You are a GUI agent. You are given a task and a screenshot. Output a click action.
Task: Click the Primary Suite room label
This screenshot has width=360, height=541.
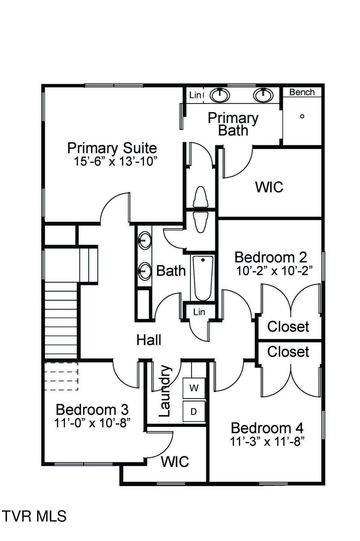112,148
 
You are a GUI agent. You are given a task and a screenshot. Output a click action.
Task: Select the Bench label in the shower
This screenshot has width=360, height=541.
302,92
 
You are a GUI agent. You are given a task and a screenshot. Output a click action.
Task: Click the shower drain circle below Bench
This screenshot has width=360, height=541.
302,116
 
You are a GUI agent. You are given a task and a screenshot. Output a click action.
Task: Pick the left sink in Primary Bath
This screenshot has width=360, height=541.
220,95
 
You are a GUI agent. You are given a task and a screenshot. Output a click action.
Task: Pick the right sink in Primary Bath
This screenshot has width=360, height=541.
263,95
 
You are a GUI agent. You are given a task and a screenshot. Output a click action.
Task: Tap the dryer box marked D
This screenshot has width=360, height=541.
194,412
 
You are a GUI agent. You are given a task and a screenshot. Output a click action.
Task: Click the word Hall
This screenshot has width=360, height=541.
149,340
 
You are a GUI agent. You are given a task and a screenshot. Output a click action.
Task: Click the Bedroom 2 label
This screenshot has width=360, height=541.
271,257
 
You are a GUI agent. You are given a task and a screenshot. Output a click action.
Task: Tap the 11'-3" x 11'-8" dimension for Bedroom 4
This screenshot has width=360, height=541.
267,442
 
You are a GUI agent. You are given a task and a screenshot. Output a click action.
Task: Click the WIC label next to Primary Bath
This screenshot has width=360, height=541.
269,187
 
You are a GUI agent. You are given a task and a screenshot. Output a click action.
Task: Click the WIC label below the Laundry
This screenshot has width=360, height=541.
175,461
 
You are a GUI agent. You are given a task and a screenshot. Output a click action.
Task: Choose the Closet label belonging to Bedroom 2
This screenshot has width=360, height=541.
288,327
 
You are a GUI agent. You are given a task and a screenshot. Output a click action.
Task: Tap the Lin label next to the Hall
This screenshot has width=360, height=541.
199,312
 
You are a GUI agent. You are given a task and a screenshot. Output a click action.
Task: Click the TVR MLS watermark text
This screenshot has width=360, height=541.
34,516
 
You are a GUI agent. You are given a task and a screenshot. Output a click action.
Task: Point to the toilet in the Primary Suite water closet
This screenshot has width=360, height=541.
201,197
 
